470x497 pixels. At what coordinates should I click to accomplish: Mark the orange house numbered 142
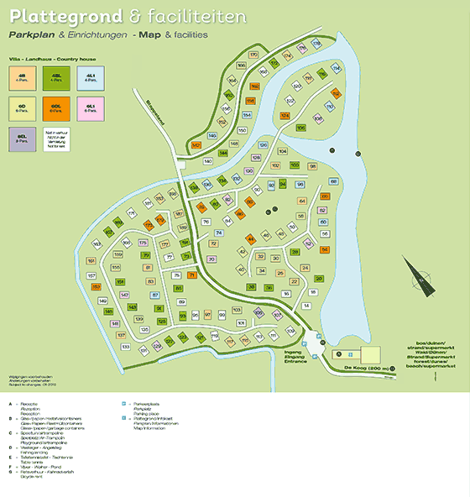196,144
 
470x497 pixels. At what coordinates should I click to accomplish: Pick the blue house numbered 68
334,181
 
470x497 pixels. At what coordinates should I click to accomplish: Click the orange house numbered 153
97,287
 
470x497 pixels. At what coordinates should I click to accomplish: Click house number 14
307,306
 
